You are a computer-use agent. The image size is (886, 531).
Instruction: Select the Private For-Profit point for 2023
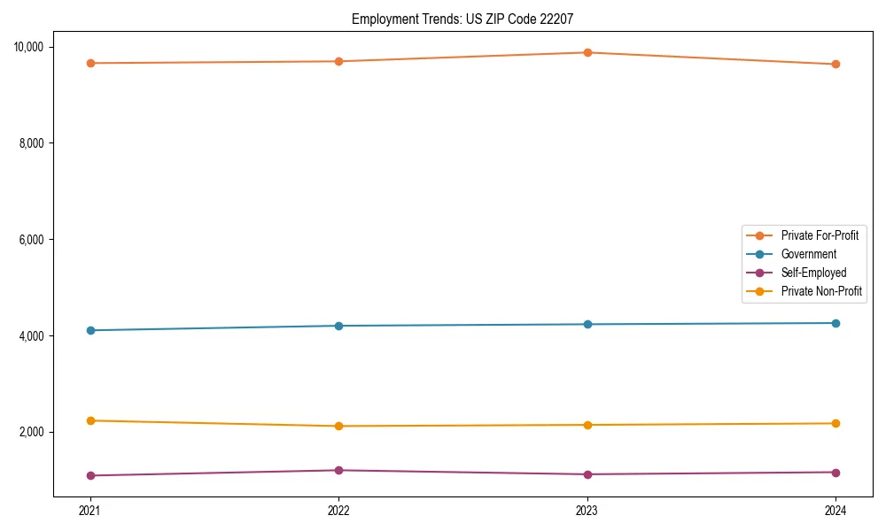pyautogui.click(x=587, y=52)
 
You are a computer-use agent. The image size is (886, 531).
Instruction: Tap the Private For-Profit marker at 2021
pyautogui.click(x=90, y=63)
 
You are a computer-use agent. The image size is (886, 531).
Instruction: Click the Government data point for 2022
pyautogui.click(x=338, y=326)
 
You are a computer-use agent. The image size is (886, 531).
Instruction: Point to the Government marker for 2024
pyautogui.click(x=835, y=323)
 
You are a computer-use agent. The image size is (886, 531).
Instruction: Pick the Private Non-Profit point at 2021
pyautogui.click(x=90, y=420)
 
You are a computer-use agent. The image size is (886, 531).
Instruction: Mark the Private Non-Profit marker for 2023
pyautogui.click(x=587, y=425)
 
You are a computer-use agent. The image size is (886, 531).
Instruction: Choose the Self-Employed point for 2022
pyautogui.click(x=338, y=470)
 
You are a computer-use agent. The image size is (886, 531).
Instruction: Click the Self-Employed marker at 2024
pyautogui.click(x=835, y=472)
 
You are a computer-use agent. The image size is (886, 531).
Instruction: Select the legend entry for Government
pyautogui.click(x=808, y=254)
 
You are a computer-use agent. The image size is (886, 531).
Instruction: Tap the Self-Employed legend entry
pyautogui.click(x=813, y=273)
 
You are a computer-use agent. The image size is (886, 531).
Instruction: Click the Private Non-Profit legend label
pyautogui.click(x=821, y=291)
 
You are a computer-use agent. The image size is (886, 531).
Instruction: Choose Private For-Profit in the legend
pyautogui.click(x=820, y=235)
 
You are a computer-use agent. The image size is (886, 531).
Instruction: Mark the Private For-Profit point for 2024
pyautogui.click(x=835, y=64)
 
